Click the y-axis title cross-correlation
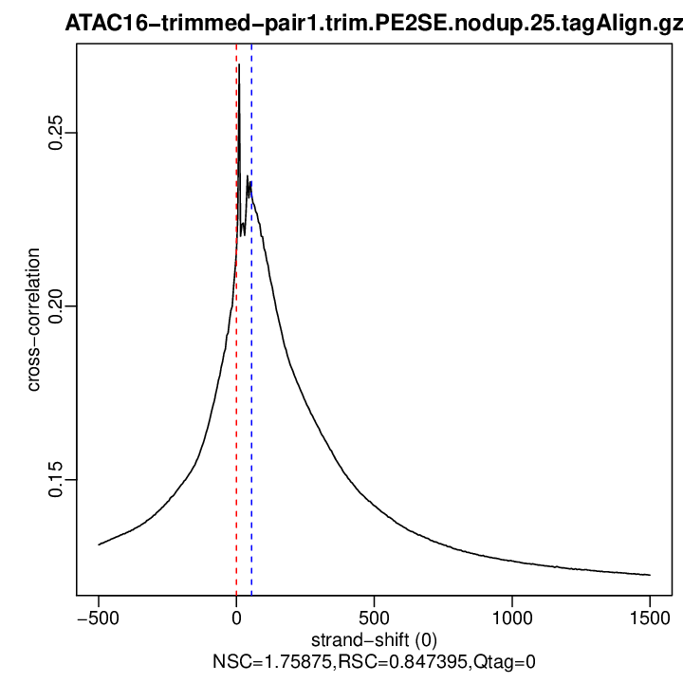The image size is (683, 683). tap(34, 320)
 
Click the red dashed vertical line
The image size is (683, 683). tap(236, 379)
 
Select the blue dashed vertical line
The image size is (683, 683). tap(251, 379)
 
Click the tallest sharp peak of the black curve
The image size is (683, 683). tap(239, 65)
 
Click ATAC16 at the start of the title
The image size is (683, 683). tap(101, 24)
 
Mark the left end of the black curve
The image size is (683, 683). tap(99, 545)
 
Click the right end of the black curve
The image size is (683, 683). tap(650, 575)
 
